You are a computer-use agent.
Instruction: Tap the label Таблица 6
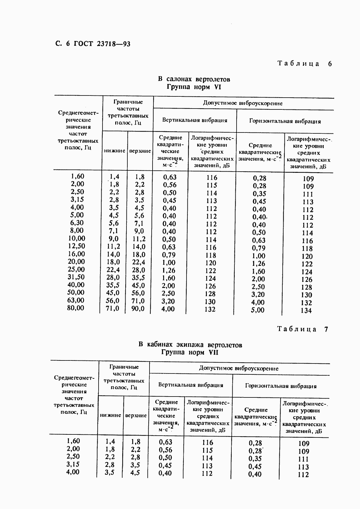[x=304, y=64]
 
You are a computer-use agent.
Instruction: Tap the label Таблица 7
[x=303, y=330]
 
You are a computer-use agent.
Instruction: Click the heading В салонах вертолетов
[x=194, y=79]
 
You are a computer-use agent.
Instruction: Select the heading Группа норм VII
[x=190, y=353]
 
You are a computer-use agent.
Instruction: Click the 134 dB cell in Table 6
[x=306, y=310]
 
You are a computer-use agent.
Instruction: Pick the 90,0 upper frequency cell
[x=138, y=309]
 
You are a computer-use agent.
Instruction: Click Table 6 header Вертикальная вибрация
[x=194, y=120]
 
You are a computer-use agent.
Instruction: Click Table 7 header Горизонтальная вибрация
[x=281, y=386]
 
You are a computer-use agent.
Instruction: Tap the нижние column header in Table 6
[x=115, y=151]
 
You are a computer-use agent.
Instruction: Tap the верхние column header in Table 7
[x=136, y=416]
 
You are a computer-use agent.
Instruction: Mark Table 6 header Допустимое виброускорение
[x=243, y=103]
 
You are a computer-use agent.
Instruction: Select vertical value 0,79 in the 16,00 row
[x=169, y=255]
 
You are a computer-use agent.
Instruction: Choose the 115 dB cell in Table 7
[x=207, y=450]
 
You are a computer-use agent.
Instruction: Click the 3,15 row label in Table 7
[x=73, y=464]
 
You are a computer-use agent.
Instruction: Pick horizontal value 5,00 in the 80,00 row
[x=258, y=310]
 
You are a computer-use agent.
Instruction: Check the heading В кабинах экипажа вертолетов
[x=190, y=345]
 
